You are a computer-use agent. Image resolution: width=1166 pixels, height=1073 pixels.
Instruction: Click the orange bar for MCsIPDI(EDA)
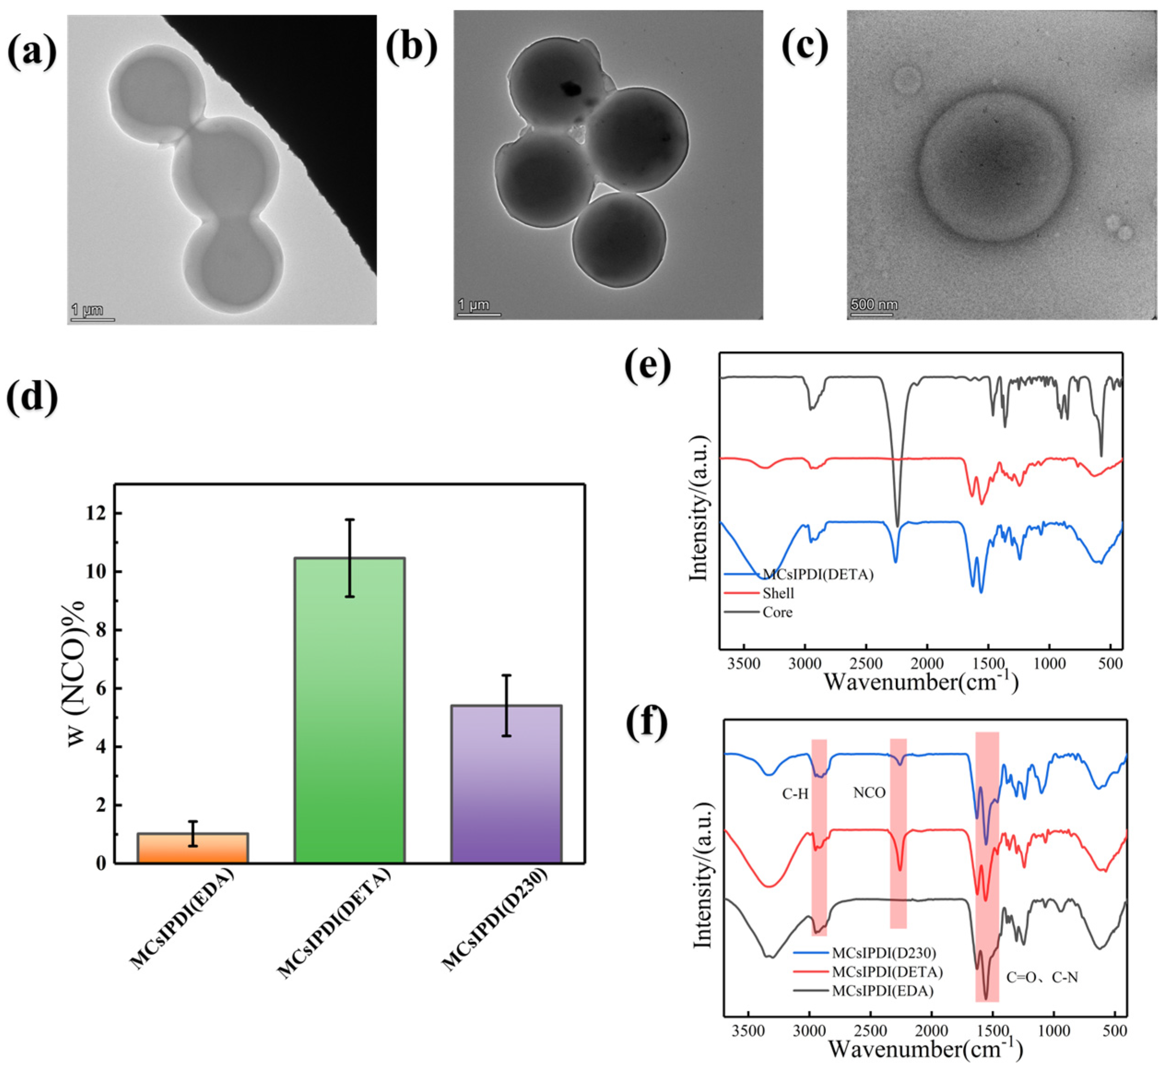(193, 848)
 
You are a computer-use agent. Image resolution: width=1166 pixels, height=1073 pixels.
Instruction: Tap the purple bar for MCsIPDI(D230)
(506, 784)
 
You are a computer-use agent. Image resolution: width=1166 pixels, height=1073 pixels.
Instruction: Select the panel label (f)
(647, 723)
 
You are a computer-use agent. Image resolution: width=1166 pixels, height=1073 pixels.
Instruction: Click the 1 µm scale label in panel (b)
(474, 304)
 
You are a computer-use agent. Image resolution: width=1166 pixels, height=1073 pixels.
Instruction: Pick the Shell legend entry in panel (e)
(778, 593)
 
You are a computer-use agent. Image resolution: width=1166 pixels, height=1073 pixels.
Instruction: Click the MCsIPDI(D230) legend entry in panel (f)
(884, 953)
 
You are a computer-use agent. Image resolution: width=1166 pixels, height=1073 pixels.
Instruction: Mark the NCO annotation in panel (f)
(869, 793)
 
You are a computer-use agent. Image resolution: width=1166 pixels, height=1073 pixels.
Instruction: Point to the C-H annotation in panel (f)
(795, 794)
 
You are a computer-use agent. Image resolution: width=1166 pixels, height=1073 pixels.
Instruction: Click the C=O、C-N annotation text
(1042, 978)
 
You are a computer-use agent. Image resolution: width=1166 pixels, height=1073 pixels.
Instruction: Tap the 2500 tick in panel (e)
(866, 663)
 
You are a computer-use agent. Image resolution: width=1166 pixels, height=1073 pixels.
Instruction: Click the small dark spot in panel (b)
(571, 89)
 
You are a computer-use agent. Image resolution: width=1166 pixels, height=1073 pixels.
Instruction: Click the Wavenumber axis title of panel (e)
(920, 681)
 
